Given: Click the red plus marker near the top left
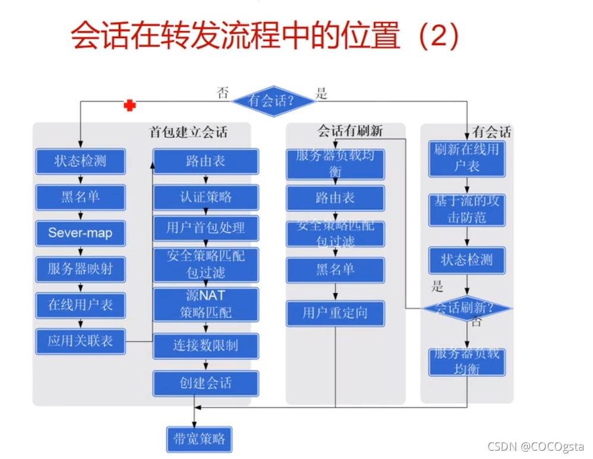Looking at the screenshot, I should tap(129, 105).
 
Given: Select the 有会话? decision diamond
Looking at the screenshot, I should tap(273, 101).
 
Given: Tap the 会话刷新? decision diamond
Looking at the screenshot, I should tap(466, 308).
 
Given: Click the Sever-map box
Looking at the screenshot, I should tap(80, 232).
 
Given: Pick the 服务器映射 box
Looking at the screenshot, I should tap(80, 269).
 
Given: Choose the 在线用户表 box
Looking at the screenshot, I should tap(80, 305).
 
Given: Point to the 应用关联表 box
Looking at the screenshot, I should tap(80, 341).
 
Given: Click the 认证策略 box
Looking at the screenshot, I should tap(206, 197).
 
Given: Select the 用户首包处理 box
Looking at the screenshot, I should tap(206, 228).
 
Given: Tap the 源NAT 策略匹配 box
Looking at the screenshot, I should tap(206, 304).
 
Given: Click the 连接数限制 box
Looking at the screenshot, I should tap(206, 345).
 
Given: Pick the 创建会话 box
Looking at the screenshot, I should tap(206, 383).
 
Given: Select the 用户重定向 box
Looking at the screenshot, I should tap(335, 313).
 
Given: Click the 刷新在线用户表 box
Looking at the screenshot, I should tap(466, 158).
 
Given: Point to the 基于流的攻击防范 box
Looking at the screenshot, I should tap(466, 209).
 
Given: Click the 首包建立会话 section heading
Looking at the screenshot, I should tap(188, 132).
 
